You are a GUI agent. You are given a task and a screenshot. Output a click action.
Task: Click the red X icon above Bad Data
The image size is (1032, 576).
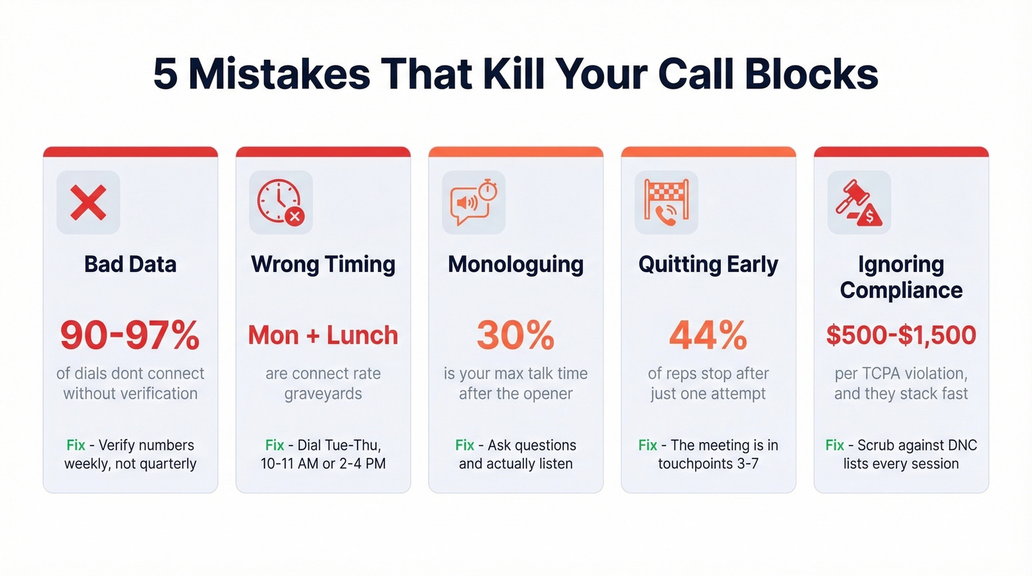click(88, 203)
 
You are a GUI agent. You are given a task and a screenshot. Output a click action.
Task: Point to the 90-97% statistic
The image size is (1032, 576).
click(130, 336)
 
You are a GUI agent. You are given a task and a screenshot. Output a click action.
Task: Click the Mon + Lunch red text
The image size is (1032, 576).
click(323, 336)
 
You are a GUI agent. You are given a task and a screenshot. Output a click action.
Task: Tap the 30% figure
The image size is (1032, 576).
click(515, 336)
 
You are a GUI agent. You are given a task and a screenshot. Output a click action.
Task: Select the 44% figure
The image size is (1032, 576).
click(708, 336)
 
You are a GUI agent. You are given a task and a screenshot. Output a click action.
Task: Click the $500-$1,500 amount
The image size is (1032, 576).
click(901, 336)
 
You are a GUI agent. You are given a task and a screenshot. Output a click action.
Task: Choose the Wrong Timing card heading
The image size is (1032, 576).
click(323, 264)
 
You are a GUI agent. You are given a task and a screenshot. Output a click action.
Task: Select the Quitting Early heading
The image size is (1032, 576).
click(708, 264)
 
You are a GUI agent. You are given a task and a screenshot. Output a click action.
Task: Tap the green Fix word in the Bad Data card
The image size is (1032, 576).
click(76, 445)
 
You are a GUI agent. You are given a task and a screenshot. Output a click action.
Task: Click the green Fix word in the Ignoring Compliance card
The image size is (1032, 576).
click(834, 445)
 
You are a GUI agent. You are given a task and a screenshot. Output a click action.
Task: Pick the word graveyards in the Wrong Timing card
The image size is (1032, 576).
click(323, 394)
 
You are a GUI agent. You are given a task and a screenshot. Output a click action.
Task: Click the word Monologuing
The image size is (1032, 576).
click(515, 264)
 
